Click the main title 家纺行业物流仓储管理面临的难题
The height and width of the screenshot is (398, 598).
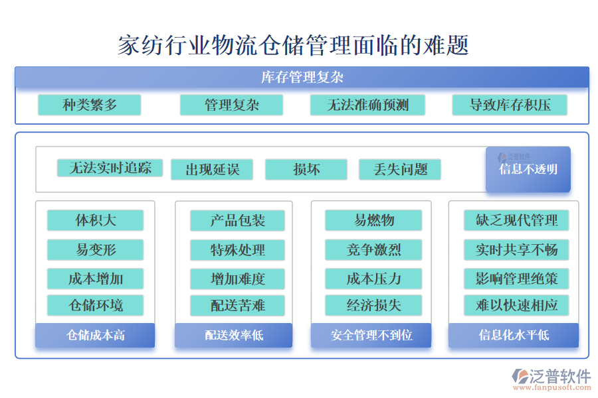[x=294, y=46]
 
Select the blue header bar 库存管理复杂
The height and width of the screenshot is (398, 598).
[x=302, y=77]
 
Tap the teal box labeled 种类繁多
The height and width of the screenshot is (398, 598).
[x=89, y=105]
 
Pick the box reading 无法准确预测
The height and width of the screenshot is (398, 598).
[x=367, y=105]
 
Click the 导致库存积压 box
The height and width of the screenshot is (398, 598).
[x=510, y=105]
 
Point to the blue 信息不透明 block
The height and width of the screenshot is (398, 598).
[x=528, y=169]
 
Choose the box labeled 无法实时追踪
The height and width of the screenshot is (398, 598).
[x=109, y=168]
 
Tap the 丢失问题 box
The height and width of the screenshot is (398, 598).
[x=399, y=169]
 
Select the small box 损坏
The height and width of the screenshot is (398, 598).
[x=306, y=169]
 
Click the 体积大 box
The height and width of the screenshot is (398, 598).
[x=95, y=220]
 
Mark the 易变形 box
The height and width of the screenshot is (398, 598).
[x=95, y=249]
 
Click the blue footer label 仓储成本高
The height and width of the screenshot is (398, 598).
[x=95, y=335]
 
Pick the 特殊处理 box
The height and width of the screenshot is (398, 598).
[x=237, y=249]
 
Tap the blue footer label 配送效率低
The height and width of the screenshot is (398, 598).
[x=233, y=335]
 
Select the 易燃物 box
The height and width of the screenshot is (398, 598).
[x=373, y=220]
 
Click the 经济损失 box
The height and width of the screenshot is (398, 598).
[x=373, y=305]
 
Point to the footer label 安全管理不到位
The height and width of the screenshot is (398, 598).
[x=371, y=335]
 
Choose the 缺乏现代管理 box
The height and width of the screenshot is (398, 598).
[x=516, y=220]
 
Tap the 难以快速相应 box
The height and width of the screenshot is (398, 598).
[x=516, y=305]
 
